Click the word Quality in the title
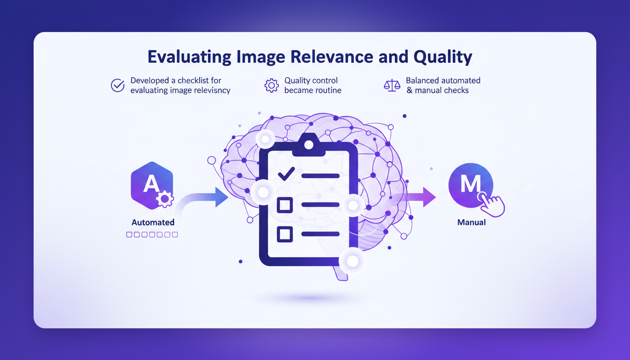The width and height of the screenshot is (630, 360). (x=442, y=57)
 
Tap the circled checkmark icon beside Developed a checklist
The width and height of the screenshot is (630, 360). (x=117, y=85)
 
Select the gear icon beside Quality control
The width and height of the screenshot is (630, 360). (x=271, y=85)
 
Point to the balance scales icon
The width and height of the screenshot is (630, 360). (x=392, y=85)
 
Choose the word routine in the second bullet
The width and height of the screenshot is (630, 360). (x=326, y=90)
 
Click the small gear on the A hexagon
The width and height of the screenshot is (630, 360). (x=165, y=199)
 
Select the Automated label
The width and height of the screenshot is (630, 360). (x=153, y=223)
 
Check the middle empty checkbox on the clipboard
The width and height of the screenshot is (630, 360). (x=285, y=205)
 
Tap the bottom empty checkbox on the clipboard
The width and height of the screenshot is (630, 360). (x=285, y=234)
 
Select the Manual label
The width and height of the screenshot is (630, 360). (x=471, y=223)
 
